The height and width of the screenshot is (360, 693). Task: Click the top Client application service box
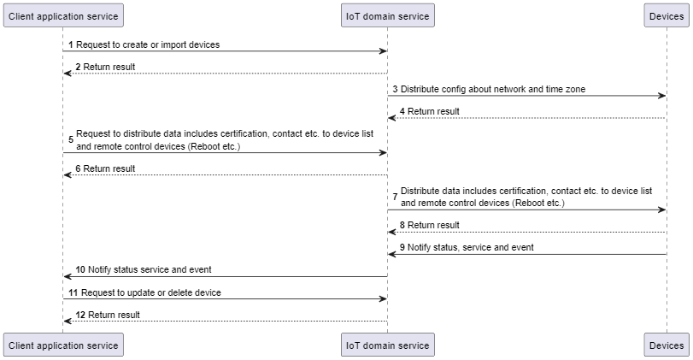pyautogui.click(x=62, y=15)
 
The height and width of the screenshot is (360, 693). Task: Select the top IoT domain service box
pyautogui.click(x=387, y=15)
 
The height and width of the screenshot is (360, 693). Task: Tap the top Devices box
pyautogui.click(x=667, y=15)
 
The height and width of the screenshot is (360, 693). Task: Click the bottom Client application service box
pyautogui.click(x=62, y=345)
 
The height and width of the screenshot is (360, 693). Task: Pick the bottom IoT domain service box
pyautogui.click(x=387, y=345)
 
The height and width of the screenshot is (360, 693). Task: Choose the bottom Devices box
pyautogui.click(x=667, y=345)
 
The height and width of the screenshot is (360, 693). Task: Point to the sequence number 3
pyautogui.click(x=396, y=89)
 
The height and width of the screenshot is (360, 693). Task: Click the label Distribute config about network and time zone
pyautogui.click(x=493, y=89)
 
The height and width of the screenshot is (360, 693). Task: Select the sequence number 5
pyautogui.click(x=71, y=140)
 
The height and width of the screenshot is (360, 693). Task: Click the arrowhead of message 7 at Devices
pyautogui.click(x=662, y=210)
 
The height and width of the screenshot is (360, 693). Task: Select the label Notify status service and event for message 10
pyautogui.click(x=150, y=269)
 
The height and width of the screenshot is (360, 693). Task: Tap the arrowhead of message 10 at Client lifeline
pyautogui.click(x=68, y=277)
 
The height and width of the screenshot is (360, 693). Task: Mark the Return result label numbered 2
pyautogui.click(x=109, y=67)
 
